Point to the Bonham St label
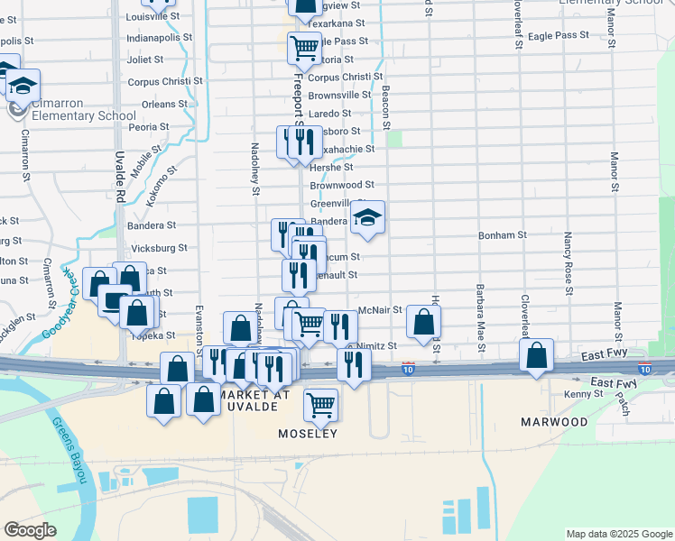503,234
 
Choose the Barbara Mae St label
479,319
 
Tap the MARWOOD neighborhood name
554,421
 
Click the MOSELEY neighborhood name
306,434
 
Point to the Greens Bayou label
71,451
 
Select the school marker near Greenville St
367,216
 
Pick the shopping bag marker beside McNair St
422,321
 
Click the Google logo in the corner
30,530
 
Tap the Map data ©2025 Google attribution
618,534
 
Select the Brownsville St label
339,95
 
